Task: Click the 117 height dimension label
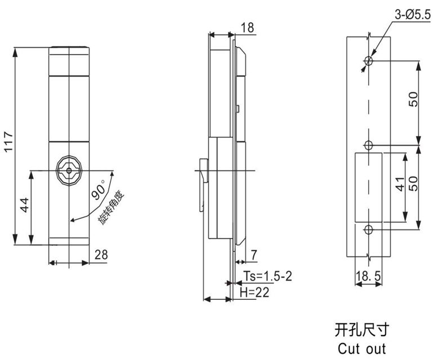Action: coord(8,145)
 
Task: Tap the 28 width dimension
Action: coord(102,255)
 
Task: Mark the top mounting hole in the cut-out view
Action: coord(368,61)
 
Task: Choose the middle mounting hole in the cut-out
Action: coord(368,145)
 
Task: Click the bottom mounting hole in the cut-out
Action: coord(368,229)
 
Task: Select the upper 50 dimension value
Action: coord(413,101)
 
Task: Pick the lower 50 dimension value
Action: coord(413,184)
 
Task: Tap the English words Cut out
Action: coord(361,348)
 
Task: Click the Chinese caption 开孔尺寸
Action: coord(361,328)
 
